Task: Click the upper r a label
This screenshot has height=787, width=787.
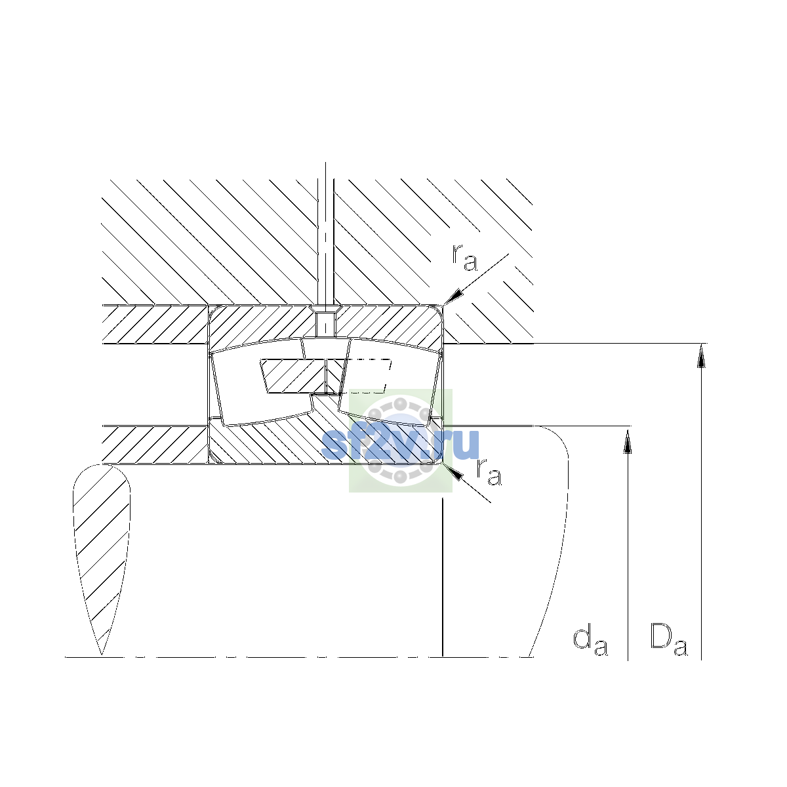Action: [464, 258]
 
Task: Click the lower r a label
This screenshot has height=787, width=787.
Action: [489, 472]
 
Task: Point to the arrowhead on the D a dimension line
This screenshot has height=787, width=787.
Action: [701, 355]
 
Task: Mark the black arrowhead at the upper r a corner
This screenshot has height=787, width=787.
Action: [454, 296]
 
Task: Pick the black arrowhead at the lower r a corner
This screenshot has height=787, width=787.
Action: [453, 472]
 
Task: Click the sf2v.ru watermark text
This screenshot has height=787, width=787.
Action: [400, 443]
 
